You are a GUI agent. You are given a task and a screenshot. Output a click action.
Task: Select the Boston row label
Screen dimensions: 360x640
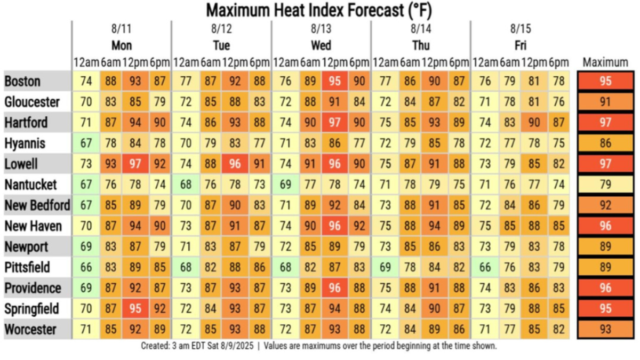tap(22, 81)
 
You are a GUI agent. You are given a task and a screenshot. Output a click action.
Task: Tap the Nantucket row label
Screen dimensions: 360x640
tap(30, 185)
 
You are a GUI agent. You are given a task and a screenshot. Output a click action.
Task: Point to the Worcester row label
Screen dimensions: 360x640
tap(30, 329)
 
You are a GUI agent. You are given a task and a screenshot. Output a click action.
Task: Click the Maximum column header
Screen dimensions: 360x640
tap(605, 62)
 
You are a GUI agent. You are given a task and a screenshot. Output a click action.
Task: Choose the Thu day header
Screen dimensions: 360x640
tap(421, 45)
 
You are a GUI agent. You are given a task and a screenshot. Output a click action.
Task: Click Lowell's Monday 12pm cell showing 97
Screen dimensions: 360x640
tap(135, 164)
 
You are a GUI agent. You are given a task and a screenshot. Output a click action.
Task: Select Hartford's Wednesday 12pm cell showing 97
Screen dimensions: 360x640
tap(334, 122)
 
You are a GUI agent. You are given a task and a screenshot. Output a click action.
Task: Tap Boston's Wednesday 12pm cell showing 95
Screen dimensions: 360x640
tap(334, 81)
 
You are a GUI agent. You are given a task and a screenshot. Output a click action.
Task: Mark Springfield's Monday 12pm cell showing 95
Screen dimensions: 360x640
tap(135, 309)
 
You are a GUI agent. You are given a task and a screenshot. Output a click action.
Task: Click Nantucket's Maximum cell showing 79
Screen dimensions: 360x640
tap(605, 185)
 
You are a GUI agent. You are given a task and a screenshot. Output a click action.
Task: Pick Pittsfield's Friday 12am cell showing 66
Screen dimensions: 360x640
tap(484, 267)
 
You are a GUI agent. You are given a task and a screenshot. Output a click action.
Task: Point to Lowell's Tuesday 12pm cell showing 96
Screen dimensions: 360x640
tap(235, 164)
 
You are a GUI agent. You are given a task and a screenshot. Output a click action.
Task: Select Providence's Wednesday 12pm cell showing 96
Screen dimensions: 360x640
tap(334, 288)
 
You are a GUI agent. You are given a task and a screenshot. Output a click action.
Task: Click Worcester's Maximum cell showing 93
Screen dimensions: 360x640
tap(605, 329)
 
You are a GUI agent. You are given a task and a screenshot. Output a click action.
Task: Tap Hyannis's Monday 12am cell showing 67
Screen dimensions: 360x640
tap(85, 143)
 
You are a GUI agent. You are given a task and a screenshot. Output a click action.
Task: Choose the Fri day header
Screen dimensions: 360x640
tap(521, 45)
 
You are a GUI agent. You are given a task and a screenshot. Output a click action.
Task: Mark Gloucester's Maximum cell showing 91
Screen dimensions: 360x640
tap(605, 102)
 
